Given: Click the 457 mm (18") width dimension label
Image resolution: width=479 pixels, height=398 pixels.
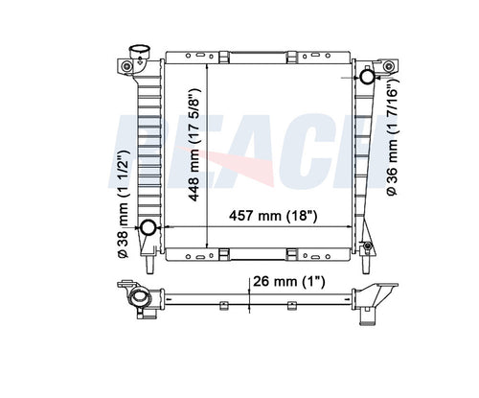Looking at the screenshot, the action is click(273, 216).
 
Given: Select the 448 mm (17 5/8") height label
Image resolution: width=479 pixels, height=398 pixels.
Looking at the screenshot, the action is click(194, 145).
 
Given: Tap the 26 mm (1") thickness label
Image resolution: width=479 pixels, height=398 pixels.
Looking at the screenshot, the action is click(289, 282).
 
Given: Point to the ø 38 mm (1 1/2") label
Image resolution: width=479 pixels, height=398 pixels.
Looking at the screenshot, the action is click(123, 204).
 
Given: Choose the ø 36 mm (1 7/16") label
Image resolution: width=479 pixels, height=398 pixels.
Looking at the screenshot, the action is click(392, 137).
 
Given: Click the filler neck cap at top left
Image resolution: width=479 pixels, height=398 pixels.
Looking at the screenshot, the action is click(139, 52).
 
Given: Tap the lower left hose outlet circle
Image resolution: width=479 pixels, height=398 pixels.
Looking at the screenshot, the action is click(148, 227).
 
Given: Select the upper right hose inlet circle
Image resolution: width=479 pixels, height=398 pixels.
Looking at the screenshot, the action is click(367, 77).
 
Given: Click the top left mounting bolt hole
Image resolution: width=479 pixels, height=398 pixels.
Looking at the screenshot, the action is click(126, 66).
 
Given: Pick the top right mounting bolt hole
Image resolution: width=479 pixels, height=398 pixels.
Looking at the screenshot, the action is click(388, 67).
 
